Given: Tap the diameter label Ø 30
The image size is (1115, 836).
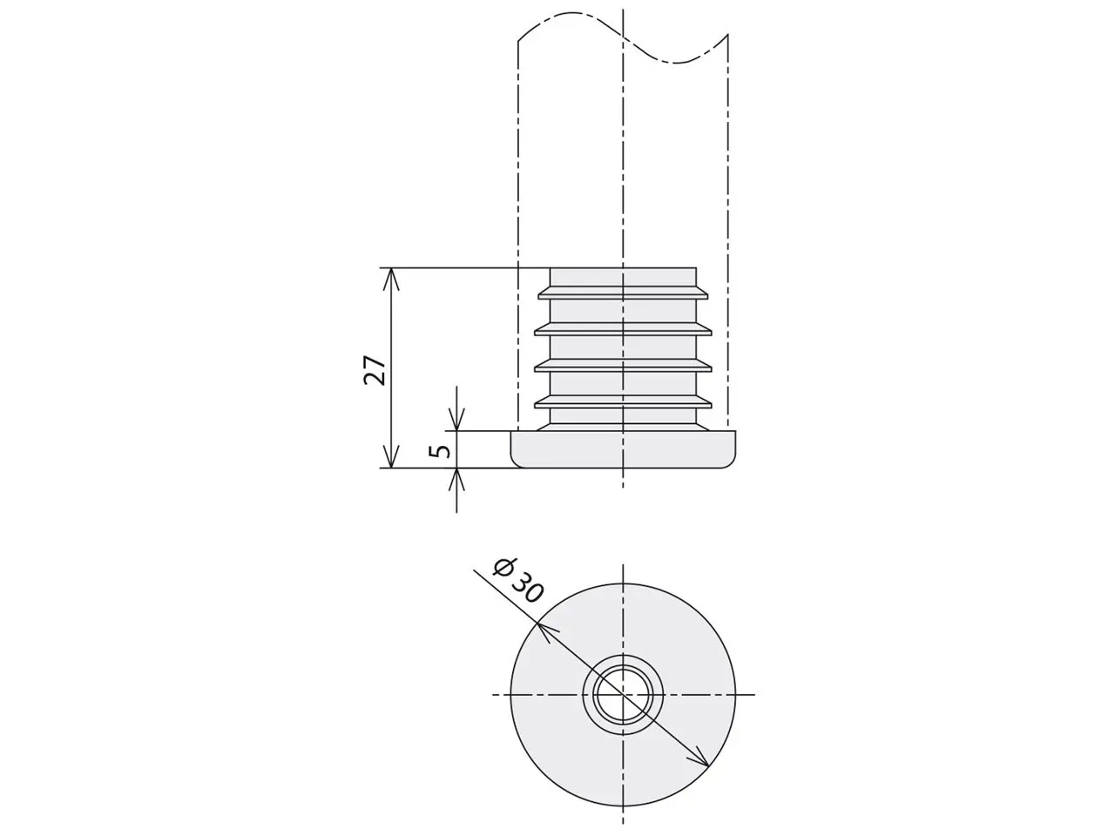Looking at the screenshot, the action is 518,581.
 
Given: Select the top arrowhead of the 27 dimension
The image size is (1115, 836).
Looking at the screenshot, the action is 390,279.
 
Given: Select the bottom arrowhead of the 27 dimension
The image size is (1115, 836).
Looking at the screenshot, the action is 390,456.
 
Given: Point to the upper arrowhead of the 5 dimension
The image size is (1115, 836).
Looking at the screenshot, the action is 456,420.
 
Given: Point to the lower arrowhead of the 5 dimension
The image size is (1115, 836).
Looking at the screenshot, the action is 456,479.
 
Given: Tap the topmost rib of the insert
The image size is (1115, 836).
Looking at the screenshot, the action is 623,293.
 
